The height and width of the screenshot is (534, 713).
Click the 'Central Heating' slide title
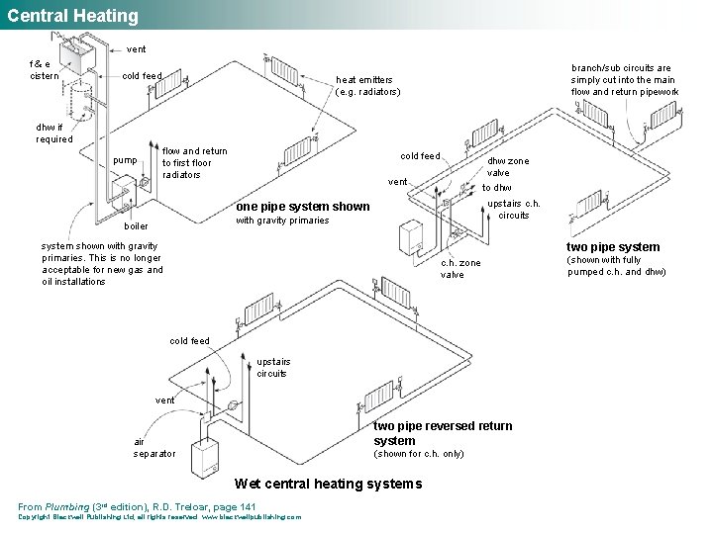tap(73, 16)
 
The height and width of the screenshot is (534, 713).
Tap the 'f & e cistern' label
tap(44, 69)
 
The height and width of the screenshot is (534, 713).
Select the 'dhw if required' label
tap(53, 133)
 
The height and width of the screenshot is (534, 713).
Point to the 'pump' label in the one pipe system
tap(126, 160)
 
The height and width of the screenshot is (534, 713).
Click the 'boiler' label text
tap(136, 225)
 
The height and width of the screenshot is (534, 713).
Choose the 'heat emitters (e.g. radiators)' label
tap(367, 86)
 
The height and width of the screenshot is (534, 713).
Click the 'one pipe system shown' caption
tap(302, 207)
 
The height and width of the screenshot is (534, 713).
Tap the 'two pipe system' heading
tap(612, 247)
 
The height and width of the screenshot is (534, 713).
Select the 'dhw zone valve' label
tap(508, 167)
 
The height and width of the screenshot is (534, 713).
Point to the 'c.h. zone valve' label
tap(460, 269)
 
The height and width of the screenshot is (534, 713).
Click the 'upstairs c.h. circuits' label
tap(513, 209)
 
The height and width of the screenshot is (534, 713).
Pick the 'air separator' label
tap(154, 448)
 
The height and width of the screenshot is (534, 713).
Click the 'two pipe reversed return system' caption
tap(443, 433)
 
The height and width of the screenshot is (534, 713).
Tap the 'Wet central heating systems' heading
tap(328, 484)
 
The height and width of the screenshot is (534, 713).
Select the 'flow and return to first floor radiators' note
tap(194, 163)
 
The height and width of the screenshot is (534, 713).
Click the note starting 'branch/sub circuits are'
tap(624, 81)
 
